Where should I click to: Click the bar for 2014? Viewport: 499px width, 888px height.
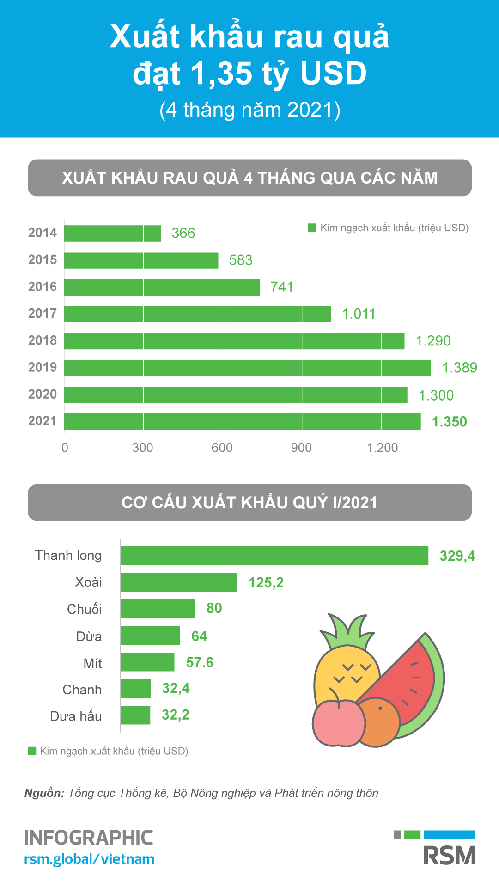tap(112, 234)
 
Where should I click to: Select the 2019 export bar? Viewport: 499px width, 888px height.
tap(247, 368)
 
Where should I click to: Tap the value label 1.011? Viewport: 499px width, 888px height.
tap(359, 314)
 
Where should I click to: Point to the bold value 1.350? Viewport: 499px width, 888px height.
tap(449, 422)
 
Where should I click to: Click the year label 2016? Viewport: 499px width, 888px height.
tap(43, 287)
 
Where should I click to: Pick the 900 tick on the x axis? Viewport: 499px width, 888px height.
tap(301, 448)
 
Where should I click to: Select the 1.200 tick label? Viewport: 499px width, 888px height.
tap(382, 448)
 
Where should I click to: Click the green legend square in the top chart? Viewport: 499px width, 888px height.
tap(312, 228)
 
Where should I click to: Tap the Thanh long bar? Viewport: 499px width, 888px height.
tap(274, 555)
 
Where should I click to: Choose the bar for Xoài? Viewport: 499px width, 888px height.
tap(178, 582)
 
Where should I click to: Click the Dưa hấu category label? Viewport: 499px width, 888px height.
tap(76, 716)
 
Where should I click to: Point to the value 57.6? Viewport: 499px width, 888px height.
tap(200, 663)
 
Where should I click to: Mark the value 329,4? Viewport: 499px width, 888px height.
tap(457, 556)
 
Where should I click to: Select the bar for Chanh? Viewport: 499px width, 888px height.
tap(136, 689)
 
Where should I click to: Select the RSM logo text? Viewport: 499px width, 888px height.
tap(450, 856)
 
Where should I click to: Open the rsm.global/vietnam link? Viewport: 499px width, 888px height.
tap(89, 859)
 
